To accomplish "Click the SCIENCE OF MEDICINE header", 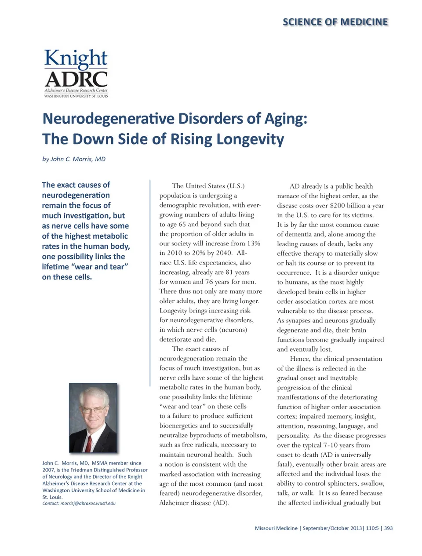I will tap(335, 22).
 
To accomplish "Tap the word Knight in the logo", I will tap(76, 59).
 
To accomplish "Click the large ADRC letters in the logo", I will tap(76, 79).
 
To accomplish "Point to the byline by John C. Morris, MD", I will tap(74, 159).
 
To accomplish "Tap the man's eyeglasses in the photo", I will tap(93, 410).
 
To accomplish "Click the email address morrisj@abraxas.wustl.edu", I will tap(87, 503).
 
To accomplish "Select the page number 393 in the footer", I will tap(388, 528).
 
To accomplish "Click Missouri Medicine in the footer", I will tap(276, 528).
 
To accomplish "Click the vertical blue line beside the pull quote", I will tap(150, 281).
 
